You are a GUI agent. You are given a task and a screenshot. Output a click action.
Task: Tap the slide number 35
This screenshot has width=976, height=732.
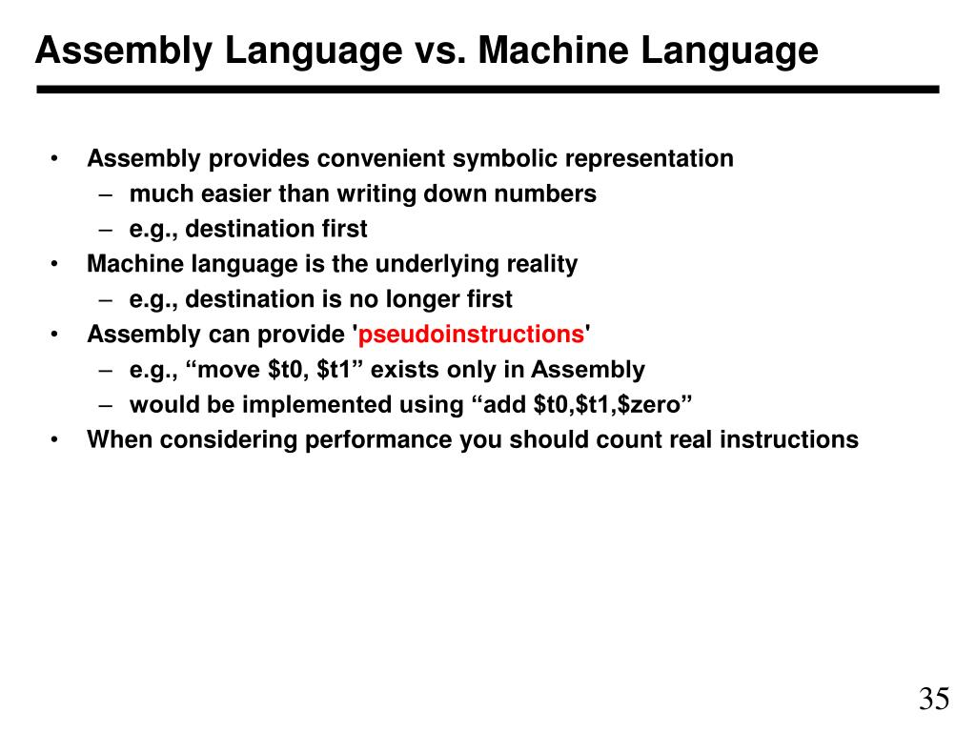[x=934, y=699]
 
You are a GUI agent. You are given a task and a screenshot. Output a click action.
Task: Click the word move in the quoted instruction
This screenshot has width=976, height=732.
[x=234, y=370]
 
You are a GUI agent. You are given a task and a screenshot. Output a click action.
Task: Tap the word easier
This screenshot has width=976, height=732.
[x=234, y=193]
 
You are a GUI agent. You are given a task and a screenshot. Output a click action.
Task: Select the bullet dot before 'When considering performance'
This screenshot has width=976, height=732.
[x=56, y=440]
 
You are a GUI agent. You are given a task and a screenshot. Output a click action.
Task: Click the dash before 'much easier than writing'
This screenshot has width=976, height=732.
[x=107, y=193]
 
